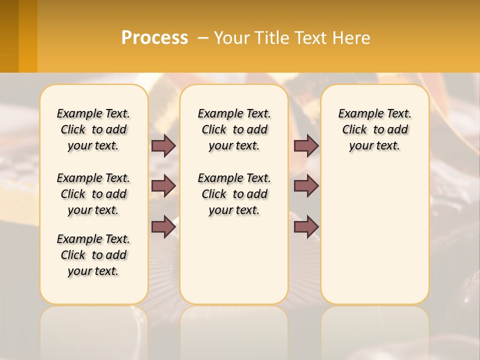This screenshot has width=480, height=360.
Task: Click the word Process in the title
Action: [154, 38]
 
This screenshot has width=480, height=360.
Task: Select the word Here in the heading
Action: [351, 38]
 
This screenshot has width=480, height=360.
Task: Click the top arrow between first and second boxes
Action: [163, 145]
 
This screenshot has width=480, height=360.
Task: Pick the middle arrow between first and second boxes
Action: [163, 186]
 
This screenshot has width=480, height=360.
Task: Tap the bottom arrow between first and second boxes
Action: [163, 226]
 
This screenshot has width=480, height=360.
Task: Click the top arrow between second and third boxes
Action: [306, 145]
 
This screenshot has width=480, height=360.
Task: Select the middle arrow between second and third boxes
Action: [306, 186]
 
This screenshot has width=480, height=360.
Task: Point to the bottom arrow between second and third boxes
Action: [306, 226]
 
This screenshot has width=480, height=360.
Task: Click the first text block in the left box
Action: [93, 129]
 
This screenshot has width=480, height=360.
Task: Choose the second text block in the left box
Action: [93, 194]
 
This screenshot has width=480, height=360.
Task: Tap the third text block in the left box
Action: [93, 255]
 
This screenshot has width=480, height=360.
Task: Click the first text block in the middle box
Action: [234, 129]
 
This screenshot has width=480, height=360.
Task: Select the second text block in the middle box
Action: [234, 194]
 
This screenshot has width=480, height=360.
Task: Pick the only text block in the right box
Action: [374, 129]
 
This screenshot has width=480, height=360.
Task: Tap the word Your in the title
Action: [231, 38]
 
